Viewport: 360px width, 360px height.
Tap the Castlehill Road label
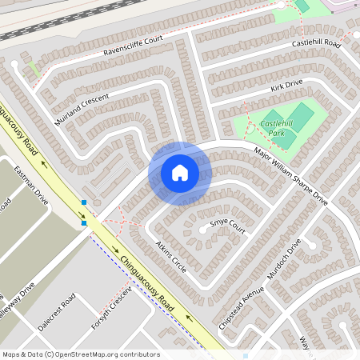click(316, 43)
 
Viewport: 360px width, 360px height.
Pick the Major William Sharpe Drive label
click(290, 174)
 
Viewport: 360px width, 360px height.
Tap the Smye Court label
click(226, 226)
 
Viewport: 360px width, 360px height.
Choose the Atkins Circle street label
click(171, 257)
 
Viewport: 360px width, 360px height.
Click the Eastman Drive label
click(31, 184)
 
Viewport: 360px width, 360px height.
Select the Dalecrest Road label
click(56, 312)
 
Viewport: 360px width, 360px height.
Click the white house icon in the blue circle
click(180, 173)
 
